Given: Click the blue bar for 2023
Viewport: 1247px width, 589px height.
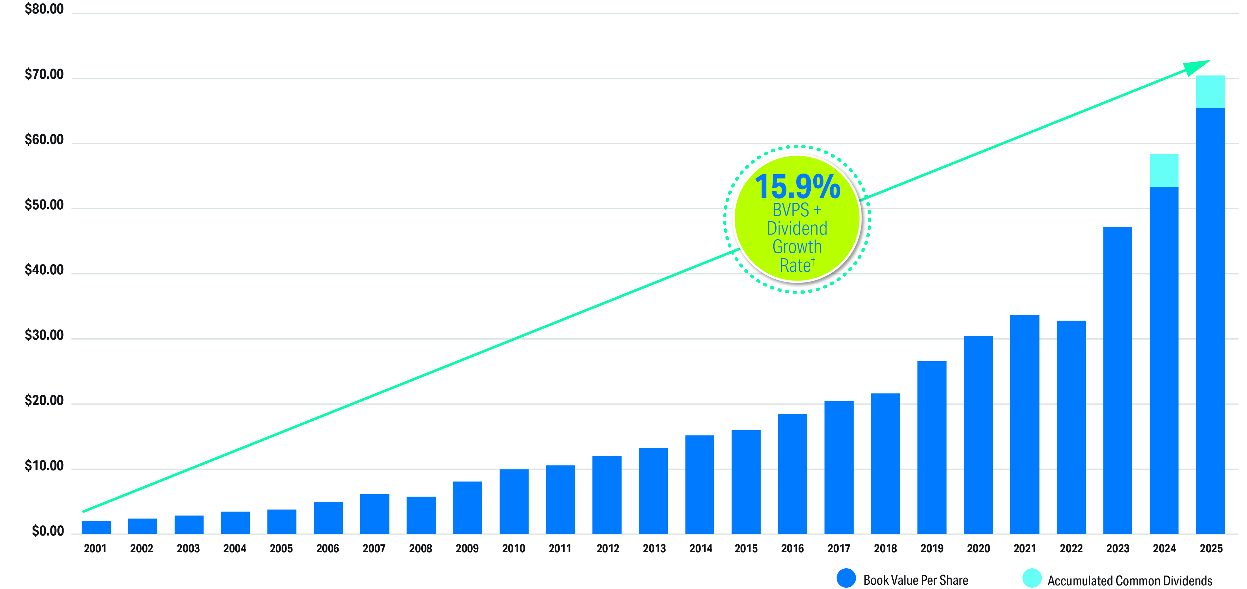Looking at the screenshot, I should pos(1117,380).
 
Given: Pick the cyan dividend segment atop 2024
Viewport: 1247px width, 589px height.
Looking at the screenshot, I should pos(1164,170).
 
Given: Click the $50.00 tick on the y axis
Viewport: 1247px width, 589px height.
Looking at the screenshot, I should pos(44,205).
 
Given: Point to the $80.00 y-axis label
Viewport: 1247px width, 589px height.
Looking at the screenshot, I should pos(44,9).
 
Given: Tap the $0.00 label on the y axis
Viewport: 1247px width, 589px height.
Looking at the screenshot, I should pos(48,531).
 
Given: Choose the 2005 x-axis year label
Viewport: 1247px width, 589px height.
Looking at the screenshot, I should pos(281,548).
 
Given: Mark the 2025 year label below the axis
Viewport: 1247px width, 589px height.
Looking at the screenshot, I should pos(1211,548).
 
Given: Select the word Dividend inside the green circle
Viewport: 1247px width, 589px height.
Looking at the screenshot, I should pos(797,228).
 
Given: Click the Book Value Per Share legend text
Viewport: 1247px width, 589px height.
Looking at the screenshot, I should pos(915,580).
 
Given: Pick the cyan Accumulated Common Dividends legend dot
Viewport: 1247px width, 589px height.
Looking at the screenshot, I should pos(1032,578).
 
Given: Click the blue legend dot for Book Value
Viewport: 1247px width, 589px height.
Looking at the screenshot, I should pos(846,578).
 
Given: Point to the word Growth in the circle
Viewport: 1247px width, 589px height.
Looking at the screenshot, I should pos(797,247).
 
